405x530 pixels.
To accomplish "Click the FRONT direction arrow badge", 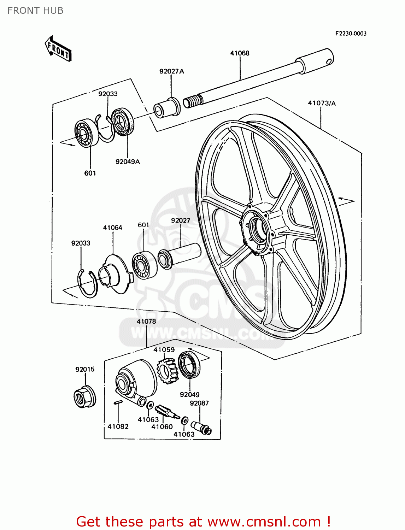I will (x=58, y=49).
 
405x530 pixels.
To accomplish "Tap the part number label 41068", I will (x=240, y=53).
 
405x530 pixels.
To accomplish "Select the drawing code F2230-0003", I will (x=351, y=34).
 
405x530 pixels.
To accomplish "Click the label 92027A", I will (x=171, y=71).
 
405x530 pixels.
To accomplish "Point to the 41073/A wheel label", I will (x=322, y=103).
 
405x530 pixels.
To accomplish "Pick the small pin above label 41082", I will (x=118, y=402).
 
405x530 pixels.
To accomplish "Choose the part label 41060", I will (x=162, y=427).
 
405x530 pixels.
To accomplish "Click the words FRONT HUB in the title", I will (x=35, y=11).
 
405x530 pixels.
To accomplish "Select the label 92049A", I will (x=128, y=162).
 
